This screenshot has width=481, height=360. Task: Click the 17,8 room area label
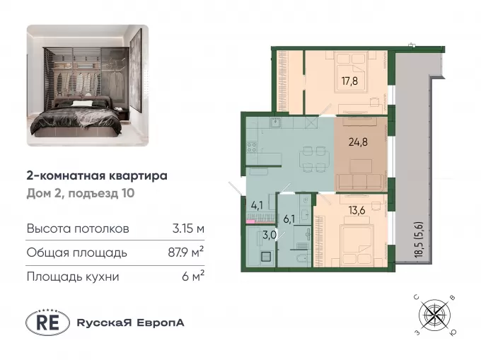[349, 81]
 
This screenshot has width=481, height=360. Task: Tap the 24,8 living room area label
[358, 142]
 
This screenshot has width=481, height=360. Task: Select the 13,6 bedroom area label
[357, 210]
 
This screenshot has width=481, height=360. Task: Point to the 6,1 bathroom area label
[289, 219]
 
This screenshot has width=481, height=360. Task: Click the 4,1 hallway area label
[257, 205]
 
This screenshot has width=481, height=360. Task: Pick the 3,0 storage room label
[270, 236]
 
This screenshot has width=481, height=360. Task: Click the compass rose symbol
[435, 315]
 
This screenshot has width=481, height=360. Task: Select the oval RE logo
[47, 323]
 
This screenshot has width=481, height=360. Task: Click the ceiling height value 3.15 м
[188, 228]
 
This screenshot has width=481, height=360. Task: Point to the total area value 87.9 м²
[186, 252]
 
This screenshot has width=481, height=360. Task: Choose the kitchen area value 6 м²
[193, 277]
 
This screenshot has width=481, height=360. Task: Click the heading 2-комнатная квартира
[97, 176]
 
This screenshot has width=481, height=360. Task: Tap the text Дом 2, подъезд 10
[81, 194]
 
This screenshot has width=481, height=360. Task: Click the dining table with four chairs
[313, 159]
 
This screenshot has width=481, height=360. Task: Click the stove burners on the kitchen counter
[252, 148]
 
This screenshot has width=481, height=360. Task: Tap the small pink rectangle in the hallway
[250, 221]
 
